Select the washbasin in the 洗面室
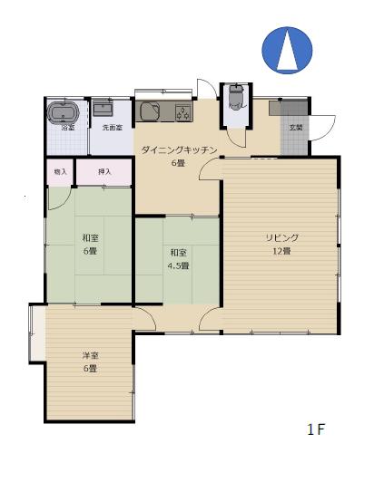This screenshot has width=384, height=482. (x=103, y=110)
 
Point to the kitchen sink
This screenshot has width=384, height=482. (x=151, y=112)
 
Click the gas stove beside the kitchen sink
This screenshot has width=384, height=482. (x=182, y=112)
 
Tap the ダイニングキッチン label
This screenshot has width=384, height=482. (x=178, y=150)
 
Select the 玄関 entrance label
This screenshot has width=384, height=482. (x=296, y=128)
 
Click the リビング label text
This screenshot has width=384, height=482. (x=282, y=237)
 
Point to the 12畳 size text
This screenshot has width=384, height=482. (x=282, y=250)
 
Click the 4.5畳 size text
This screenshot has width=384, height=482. (x=177, y=265)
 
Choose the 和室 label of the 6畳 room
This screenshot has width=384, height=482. (x=90, y=238)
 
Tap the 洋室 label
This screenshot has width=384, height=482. (x=89, y=356)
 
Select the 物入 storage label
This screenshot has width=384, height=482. (x=60, y=171)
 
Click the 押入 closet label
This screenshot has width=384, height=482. (x=104, y=171)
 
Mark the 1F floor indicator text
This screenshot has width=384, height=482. (x=316, y=429)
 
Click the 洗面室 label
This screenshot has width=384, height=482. (x=111, y=129)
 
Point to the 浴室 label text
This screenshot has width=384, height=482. (x=67, y=128)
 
